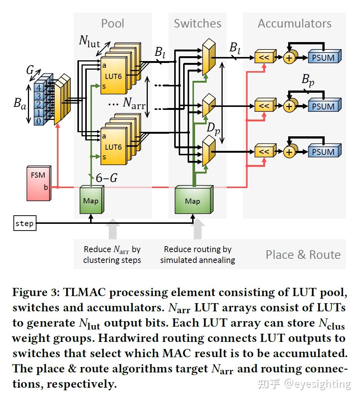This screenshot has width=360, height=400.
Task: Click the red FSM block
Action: [x=39, y=183]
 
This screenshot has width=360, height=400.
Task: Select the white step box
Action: [x=25, y=223]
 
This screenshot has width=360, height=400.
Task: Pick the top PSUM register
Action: [x=325, y=56]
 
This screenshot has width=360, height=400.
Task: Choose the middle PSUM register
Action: [x=325, y=105]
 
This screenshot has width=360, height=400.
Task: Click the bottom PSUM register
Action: [x=325, y=150]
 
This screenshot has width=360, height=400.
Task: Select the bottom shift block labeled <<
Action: [x=265, y=150]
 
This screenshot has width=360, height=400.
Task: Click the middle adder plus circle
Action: [x=290, y=106]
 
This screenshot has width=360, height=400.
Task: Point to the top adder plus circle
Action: [x=290, y=57]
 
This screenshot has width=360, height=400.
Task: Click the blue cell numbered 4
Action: [x=38, y=88]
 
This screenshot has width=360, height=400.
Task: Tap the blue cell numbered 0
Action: [x=38, y=121]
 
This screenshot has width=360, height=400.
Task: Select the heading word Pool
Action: [x=112, y=23]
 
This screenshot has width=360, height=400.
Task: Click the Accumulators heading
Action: [x=294, y=23]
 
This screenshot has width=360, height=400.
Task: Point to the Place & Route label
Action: [x=303, y=255]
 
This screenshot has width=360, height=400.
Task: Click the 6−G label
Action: [x=106, y=178]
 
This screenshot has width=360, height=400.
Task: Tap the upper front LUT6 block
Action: [x=114, y=76]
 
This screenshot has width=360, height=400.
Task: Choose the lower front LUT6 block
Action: [x=114, y=146]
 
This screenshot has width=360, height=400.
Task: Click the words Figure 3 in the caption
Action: [x=36, y=292]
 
